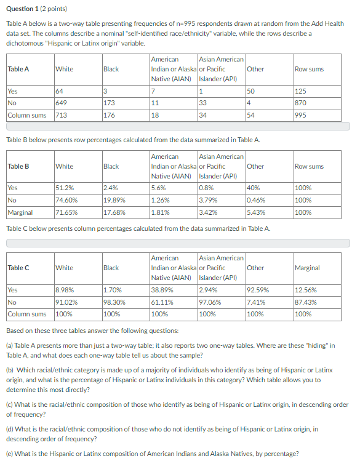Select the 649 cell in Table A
point(62,103)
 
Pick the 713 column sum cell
point(62,115)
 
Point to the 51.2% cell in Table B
point(65,188)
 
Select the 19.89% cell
point(114,200)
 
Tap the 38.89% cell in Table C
point(161,289)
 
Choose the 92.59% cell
point(257,289)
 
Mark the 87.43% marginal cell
point(306,302)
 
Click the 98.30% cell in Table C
point(114,302)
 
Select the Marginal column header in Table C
point(307,268)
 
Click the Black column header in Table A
point(111,69)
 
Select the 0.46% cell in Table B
point(256,200)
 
